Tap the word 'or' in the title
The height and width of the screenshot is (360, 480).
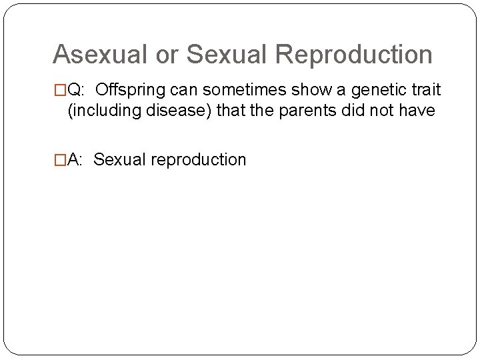167,54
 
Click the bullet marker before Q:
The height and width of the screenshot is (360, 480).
59,91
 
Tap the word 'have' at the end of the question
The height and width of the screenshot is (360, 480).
420,111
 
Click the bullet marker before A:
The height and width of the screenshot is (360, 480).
59,160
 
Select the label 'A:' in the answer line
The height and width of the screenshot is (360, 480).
77,160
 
